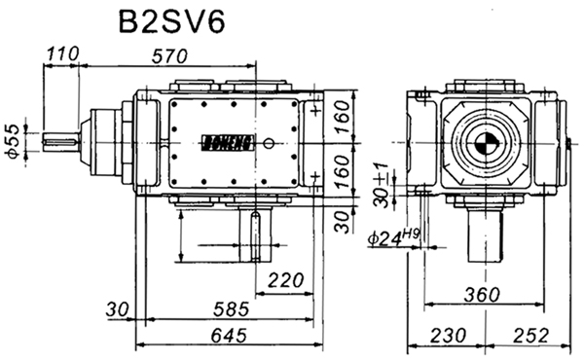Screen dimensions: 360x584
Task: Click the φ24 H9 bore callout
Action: pos(393,236)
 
